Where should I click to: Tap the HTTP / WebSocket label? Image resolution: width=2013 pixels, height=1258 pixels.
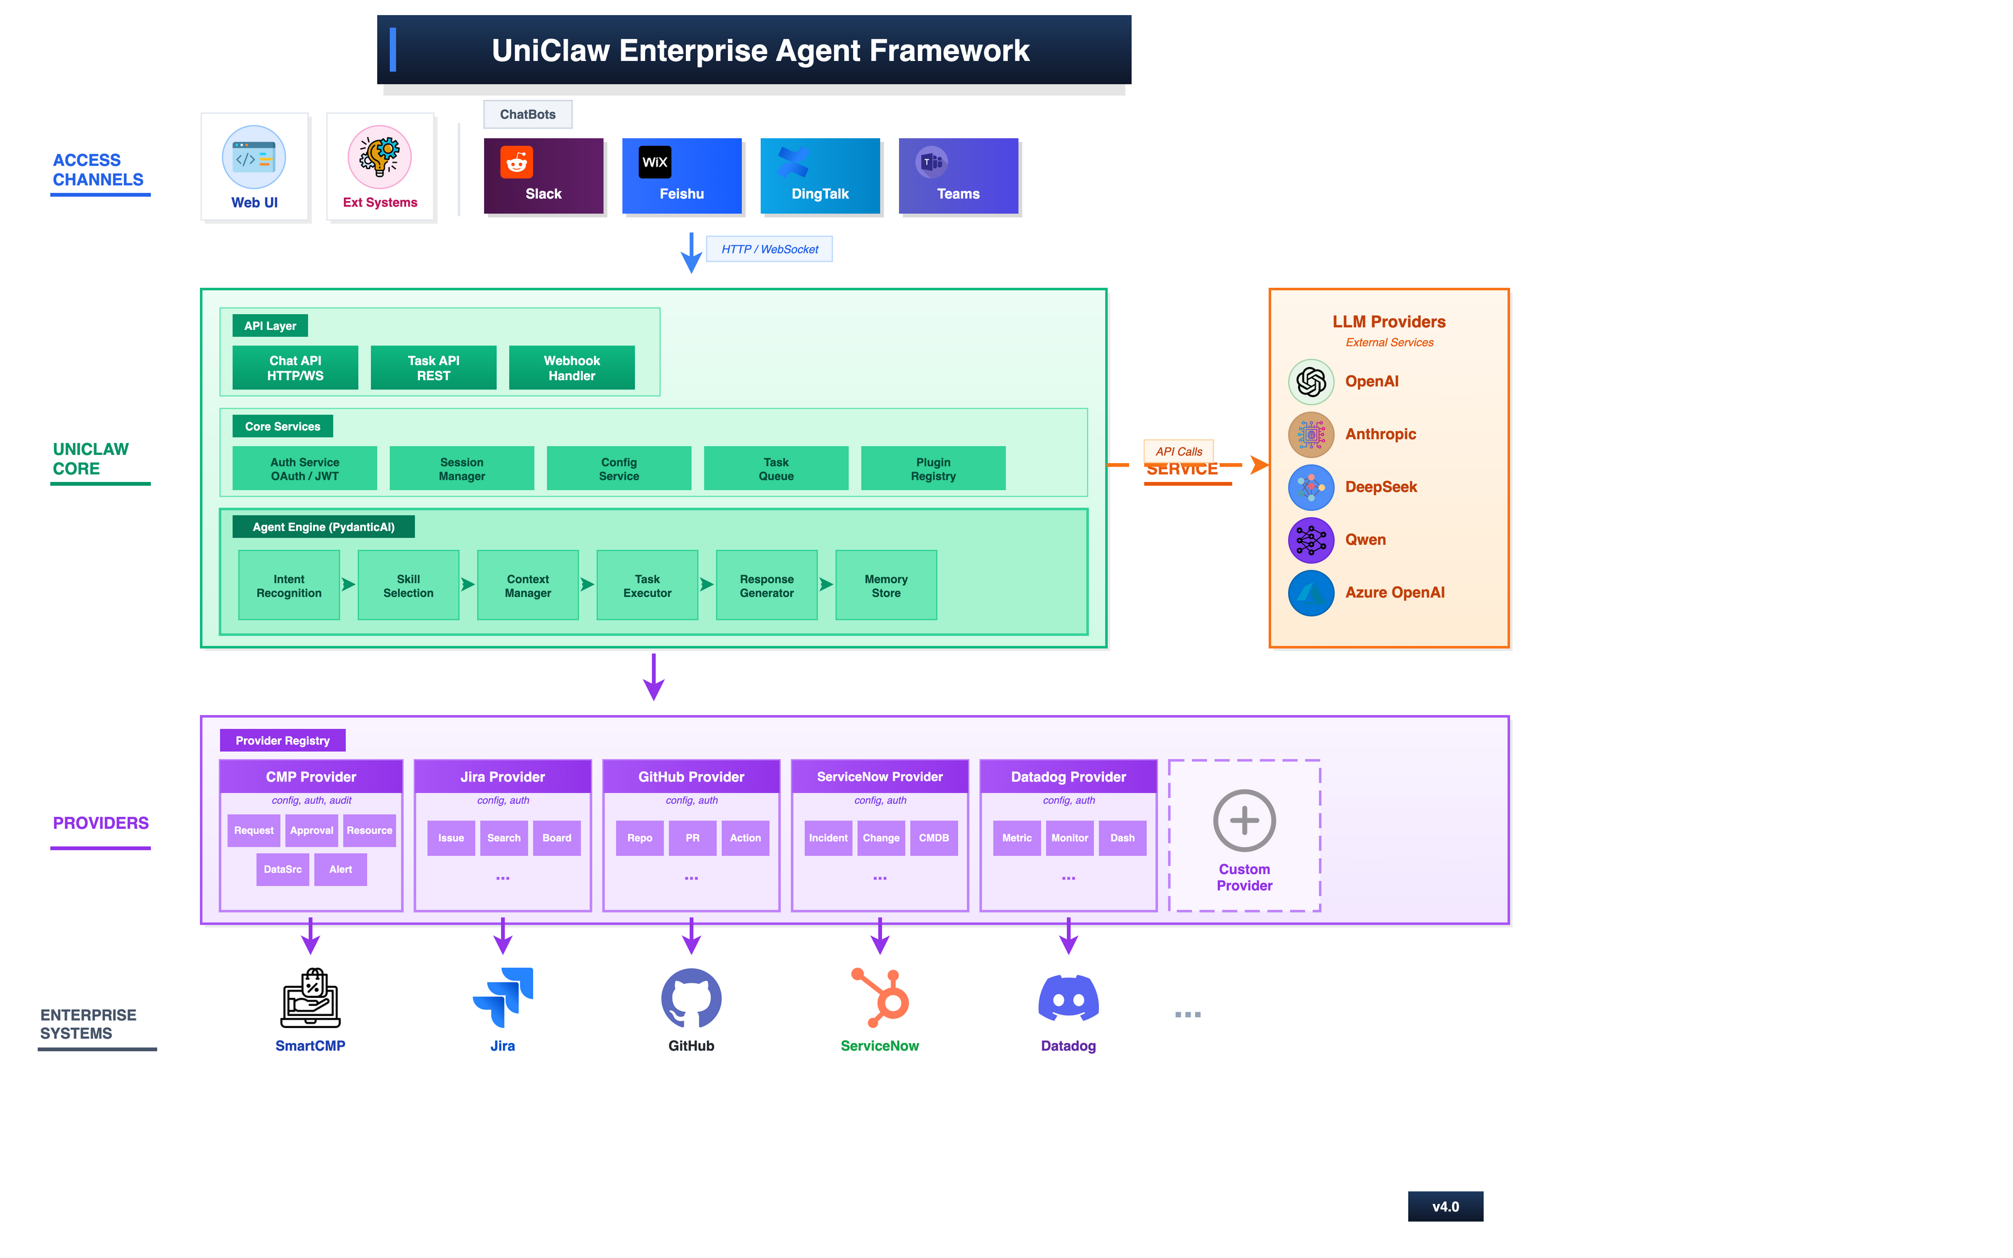769,249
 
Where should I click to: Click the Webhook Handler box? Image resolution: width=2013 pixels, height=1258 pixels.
571,368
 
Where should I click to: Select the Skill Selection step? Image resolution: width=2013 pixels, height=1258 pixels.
408,585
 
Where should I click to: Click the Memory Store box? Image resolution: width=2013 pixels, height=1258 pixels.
885,585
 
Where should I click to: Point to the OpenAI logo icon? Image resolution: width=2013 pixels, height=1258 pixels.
1311,382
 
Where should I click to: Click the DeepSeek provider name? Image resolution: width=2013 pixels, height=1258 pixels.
1381,487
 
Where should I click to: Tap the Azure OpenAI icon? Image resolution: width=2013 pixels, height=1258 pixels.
1311,593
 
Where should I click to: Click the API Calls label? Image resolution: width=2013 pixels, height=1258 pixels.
1178,451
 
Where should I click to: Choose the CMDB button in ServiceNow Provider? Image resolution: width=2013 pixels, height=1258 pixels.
933,838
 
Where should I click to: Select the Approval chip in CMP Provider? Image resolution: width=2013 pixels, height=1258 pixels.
311,830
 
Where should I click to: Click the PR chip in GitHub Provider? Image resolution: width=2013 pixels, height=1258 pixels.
692,838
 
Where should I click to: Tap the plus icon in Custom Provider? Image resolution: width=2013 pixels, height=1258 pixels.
1244,821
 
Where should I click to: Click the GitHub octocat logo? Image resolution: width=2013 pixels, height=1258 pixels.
691,998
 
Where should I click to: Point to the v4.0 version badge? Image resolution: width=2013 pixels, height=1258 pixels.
1445,1206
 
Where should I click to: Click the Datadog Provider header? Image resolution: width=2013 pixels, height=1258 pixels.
1067,776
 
